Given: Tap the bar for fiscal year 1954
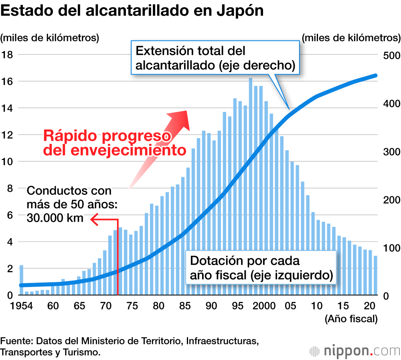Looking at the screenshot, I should [x=21, y=280].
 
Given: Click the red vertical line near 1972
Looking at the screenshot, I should [x=117, y=257].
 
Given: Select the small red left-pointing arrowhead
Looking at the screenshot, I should [x=93, y=219].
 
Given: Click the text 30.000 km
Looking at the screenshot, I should [x=55, y=218].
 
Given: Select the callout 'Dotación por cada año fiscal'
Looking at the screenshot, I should [x=261, y=268].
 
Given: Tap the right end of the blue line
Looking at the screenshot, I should [x=375, y=75].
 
